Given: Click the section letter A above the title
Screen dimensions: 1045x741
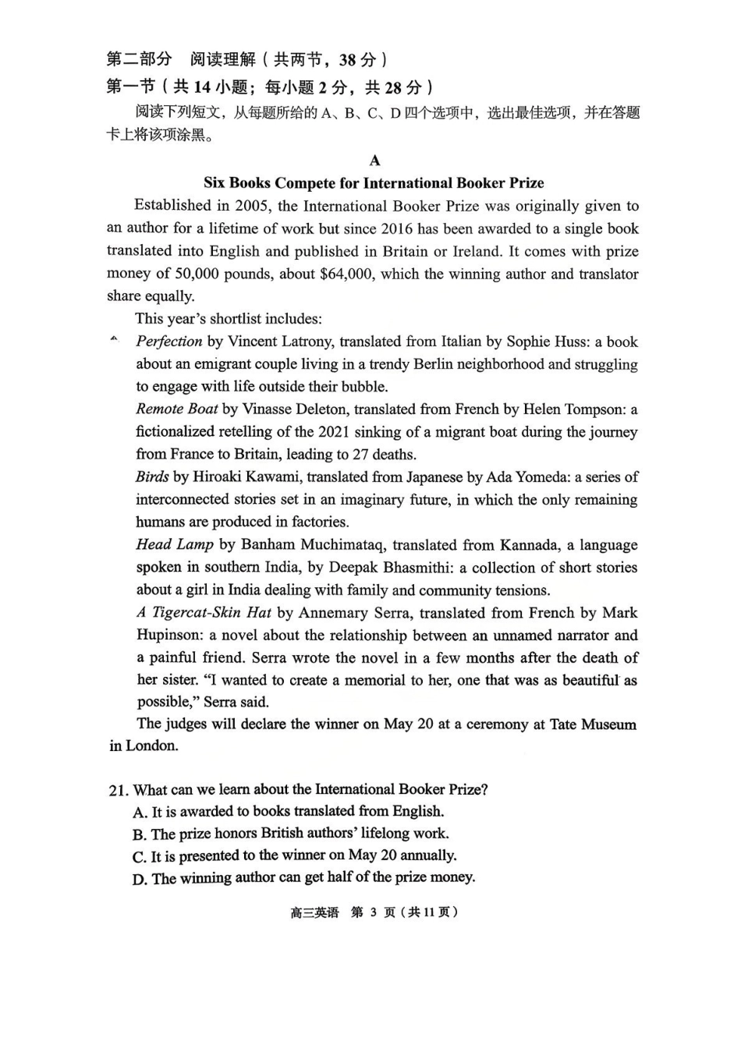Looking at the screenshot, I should click(x=374, y=161).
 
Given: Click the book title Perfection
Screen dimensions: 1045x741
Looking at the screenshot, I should click(x=168, y=342).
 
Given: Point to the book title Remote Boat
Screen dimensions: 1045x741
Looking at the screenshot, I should click(x=176, y=409).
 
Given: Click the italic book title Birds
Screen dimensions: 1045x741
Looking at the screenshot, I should click(x=151, y=476).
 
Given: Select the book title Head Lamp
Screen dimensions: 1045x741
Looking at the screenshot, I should click(x=174, y=545).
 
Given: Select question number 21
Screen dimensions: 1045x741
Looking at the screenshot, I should click(x=118, y=790).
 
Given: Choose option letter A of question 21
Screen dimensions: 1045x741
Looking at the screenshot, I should click(x=139, y=812).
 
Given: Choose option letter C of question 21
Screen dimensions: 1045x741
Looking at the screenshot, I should click(x=139, y=856).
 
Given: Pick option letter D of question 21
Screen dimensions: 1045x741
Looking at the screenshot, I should click(x=139, y=879).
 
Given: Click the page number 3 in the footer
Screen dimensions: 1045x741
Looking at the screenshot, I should click(x=374, y=912).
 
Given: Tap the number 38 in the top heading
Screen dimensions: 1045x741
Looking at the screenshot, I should click(x=347, y=60).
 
